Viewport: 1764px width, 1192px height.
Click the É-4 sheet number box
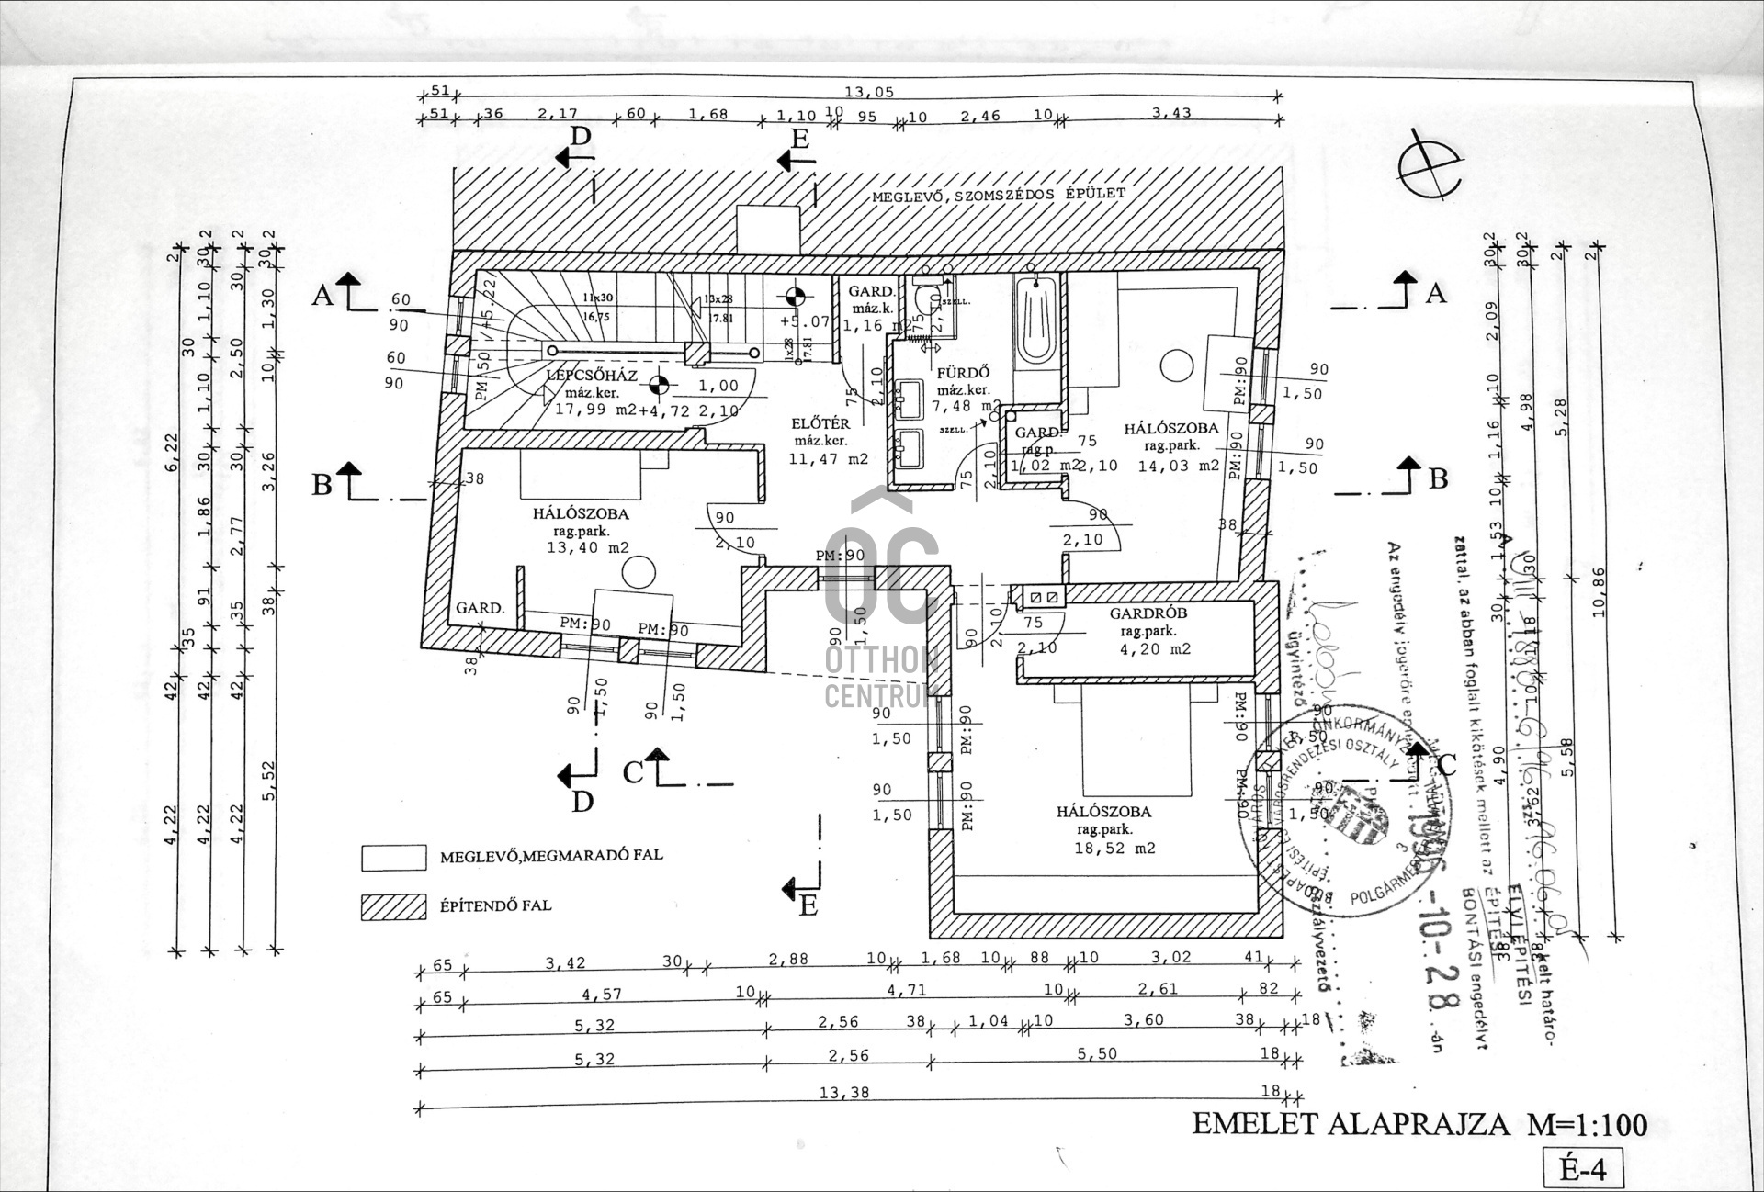(1582, 1169)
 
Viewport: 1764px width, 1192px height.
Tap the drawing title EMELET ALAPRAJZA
(1351, 1124)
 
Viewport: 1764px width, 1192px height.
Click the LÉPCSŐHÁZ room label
(592, 376)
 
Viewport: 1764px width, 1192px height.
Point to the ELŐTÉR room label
(820, 423)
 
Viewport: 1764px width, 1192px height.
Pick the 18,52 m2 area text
(1114, 849)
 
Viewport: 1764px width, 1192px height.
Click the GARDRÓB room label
(1148, 613)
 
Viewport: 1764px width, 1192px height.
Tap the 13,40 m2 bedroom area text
(587, 548)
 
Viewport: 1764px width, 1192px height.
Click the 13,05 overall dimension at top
(868, 92)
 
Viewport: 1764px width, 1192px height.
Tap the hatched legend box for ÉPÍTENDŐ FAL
(393, 907)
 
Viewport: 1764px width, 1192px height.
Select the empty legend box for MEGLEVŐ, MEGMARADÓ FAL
(393, 857)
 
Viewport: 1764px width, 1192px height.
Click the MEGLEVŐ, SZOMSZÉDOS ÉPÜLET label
(998, 196)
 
